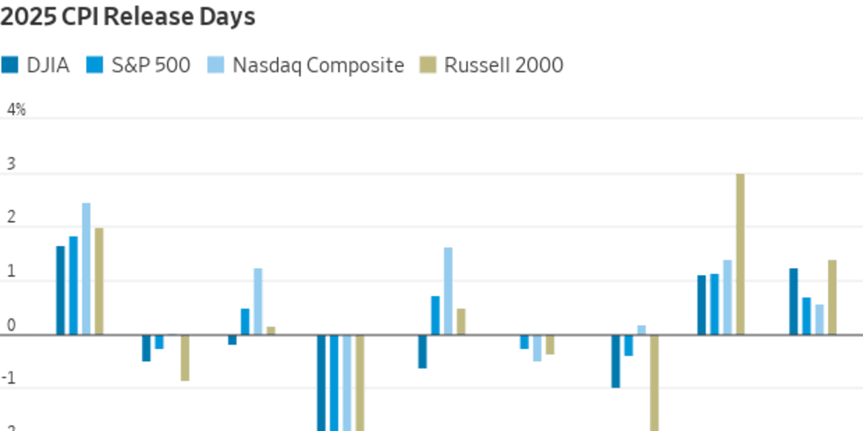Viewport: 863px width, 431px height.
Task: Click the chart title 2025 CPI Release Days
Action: (127, 16)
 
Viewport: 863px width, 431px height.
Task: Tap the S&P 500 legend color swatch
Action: (94, 65)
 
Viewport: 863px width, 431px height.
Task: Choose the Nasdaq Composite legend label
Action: (318, 65)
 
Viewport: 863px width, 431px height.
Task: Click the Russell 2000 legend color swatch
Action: (427, 65)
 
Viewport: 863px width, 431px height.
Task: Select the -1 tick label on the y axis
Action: (9, 378)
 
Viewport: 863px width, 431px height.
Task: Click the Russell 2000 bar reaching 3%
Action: (740, 254)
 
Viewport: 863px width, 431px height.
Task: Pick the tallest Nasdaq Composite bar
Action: (86, 269)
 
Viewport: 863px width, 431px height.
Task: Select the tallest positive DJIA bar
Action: (61, 290)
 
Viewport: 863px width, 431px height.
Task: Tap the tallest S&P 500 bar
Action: (73, 286)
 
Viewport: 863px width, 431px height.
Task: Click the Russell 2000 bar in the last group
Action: (832, 297)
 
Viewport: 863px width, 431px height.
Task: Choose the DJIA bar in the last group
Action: (794, 301)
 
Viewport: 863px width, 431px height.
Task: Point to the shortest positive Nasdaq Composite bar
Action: (641, 330)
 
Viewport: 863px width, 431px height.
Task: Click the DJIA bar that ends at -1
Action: (616, 361)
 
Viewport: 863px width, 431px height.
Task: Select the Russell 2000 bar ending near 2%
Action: (99, 281)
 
